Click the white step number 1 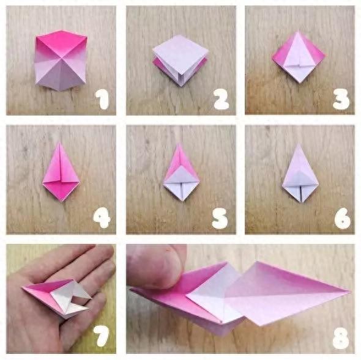[102, 99]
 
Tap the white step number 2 [221, 99]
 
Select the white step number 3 [341, 99]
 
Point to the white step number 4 [102, 218]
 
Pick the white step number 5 [220, 218]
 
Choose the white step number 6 [343, 218]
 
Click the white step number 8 [341, 337]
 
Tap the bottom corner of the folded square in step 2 [182, 86]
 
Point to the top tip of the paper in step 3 [299, 32]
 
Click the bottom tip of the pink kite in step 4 [62, 201]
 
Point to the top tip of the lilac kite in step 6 [299, 144]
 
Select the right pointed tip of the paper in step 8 [351, 292]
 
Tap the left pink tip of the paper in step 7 [23, 287]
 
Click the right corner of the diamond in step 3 [326, 55]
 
